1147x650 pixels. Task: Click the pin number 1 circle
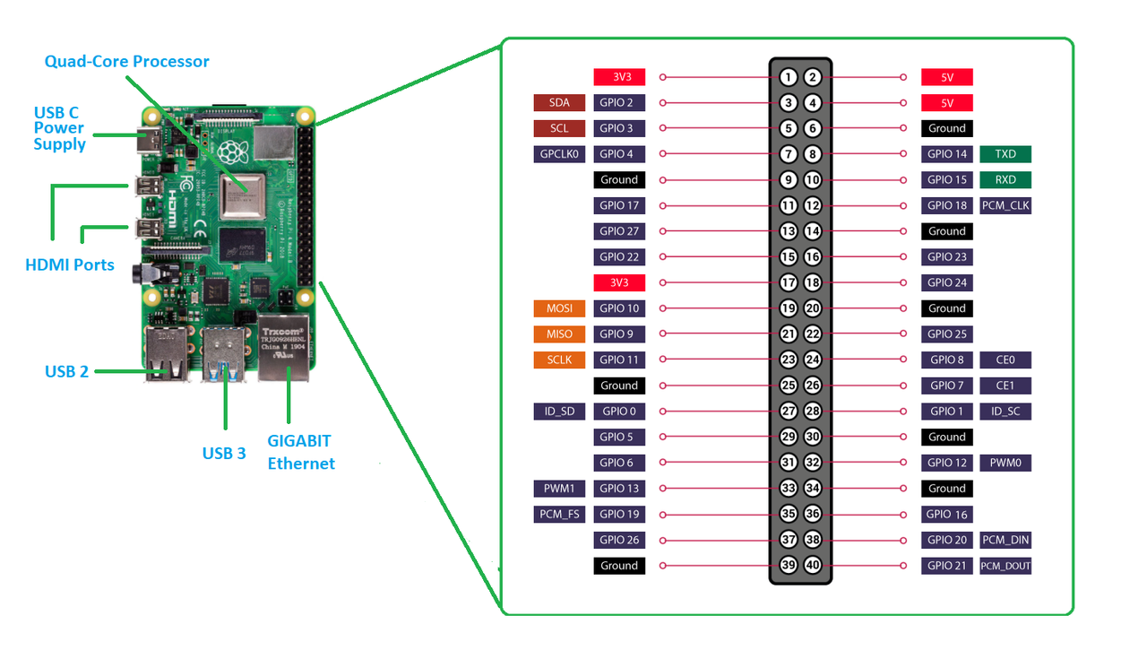click(788, 77)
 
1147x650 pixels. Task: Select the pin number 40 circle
click(813, 566)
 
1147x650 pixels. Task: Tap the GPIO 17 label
click(619, 205)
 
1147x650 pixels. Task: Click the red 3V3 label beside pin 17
click(619, 282)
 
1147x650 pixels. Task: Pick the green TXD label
click(1005, 154)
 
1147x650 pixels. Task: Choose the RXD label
click(1005, 179)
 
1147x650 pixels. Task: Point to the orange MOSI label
click(559, 308)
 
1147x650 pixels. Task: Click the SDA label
click(559, 102)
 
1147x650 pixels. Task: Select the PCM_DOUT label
click(1005, 566)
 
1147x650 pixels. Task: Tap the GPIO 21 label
click(946, 566)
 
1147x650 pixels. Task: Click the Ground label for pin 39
click(619, 566)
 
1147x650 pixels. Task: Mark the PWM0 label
click(1005, 463)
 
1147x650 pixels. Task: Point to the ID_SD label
click(559, 412)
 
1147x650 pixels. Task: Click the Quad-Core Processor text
click(126, 62)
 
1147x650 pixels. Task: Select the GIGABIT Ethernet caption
click(300, 452)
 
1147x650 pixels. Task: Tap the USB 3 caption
click(224, 453)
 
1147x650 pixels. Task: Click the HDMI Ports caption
click(70, 264)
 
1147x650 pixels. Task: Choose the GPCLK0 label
click(559, 154)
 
